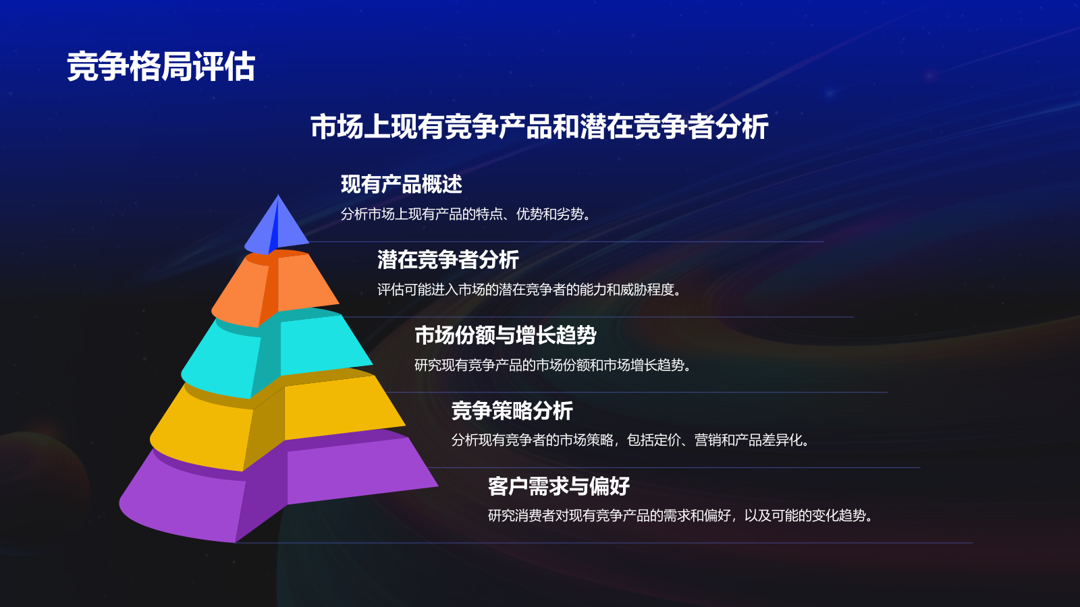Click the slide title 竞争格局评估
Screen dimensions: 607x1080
161,67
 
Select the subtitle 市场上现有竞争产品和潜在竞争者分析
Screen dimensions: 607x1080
539,127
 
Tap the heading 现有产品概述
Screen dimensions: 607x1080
401,184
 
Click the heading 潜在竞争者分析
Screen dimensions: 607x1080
448,260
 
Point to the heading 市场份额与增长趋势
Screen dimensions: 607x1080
505,335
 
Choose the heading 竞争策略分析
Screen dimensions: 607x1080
512,411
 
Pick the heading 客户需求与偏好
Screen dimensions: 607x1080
558,486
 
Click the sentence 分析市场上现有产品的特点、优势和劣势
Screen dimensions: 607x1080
466,214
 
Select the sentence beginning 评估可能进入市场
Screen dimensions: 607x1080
529,290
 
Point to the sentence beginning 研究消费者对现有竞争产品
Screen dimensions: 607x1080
680,516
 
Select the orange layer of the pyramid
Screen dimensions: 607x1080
277,287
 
